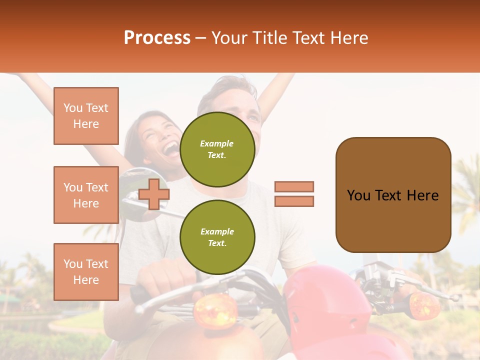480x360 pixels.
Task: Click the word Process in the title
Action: coord(157,38)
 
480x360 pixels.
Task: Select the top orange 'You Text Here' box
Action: coord(86,116)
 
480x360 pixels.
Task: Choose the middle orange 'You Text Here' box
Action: coord(86,195)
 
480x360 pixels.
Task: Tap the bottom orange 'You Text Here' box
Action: coord(86,272)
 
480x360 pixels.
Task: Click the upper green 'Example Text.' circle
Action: coord(217,149)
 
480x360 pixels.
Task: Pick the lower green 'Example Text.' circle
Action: coord(217,237)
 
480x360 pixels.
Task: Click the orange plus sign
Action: coord(154,194)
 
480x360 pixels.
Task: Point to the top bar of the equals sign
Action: coord(294,186)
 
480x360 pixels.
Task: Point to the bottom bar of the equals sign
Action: coord(294,201)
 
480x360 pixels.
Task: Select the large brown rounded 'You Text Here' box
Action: coord(393,195)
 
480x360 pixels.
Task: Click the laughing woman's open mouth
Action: coord(171,148)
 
